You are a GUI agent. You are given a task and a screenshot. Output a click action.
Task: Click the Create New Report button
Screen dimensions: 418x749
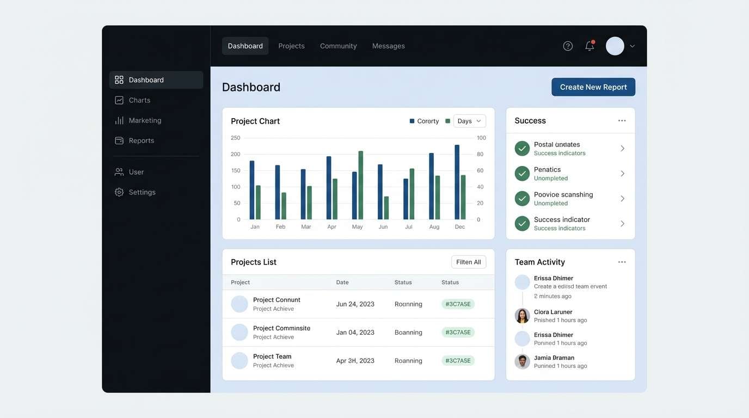coord(593,87)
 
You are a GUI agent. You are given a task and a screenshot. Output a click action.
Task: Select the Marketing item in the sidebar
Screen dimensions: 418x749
coord(144,120)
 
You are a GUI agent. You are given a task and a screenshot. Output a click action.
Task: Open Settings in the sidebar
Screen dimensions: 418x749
coord(142,192)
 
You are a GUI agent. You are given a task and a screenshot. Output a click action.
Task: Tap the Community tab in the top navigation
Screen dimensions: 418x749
coord(338,46)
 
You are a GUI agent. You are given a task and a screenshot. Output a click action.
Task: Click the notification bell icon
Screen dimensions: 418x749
coord(590,46)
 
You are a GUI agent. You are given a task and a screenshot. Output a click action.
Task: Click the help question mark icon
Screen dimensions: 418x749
coord(568,46)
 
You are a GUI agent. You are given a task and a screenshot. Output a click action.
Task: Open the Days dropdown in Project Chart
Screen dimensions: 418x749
coord(469,121)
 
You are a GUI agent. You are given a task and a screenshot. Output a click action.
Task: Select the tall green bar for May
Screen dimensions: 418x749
coord(360,185)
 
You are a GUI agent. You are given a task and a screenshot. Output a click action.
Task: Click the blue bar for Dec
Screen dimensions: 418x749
coord(457,182)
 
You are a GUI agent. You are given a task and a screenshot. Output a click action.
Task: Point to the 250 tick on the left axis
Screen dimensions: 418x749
coord(235,138)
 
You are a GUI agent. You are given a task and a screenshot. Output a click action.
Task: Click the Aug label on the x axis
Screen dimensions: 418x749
coord(434,227)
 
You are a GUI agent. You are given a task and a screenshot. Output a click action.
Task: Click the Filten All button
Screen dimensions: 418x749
coord(468,262)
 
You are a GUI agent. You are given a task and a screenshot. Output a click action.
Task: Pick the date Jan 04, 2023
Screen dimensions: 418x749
coord(355,333)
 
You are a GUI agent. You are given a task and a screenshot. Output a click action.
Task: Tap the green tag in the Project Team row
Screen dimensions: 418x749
coord(458,361)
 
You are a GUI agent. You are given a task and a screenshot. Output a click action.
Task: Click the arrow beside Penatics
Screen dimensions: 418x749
coord(622,174)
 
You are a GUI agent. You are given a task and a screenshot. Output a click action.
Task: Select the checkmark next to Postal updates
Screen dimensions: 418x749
coord(522,149)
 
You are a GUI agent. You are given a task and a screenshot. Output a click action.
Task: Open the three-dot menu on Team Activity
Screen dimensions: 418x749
coord(622,262)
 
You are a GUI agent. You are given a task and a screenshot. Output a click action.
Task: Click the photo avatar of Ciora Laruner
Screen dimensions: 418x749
coord(522,316)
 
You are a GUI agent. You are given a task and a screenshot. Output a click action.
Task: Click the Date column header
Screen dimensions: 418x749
coord(342,282)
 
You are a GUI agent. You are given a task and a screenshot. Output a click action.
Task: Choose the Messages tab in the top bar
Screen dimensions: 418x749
coord(388,46)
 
